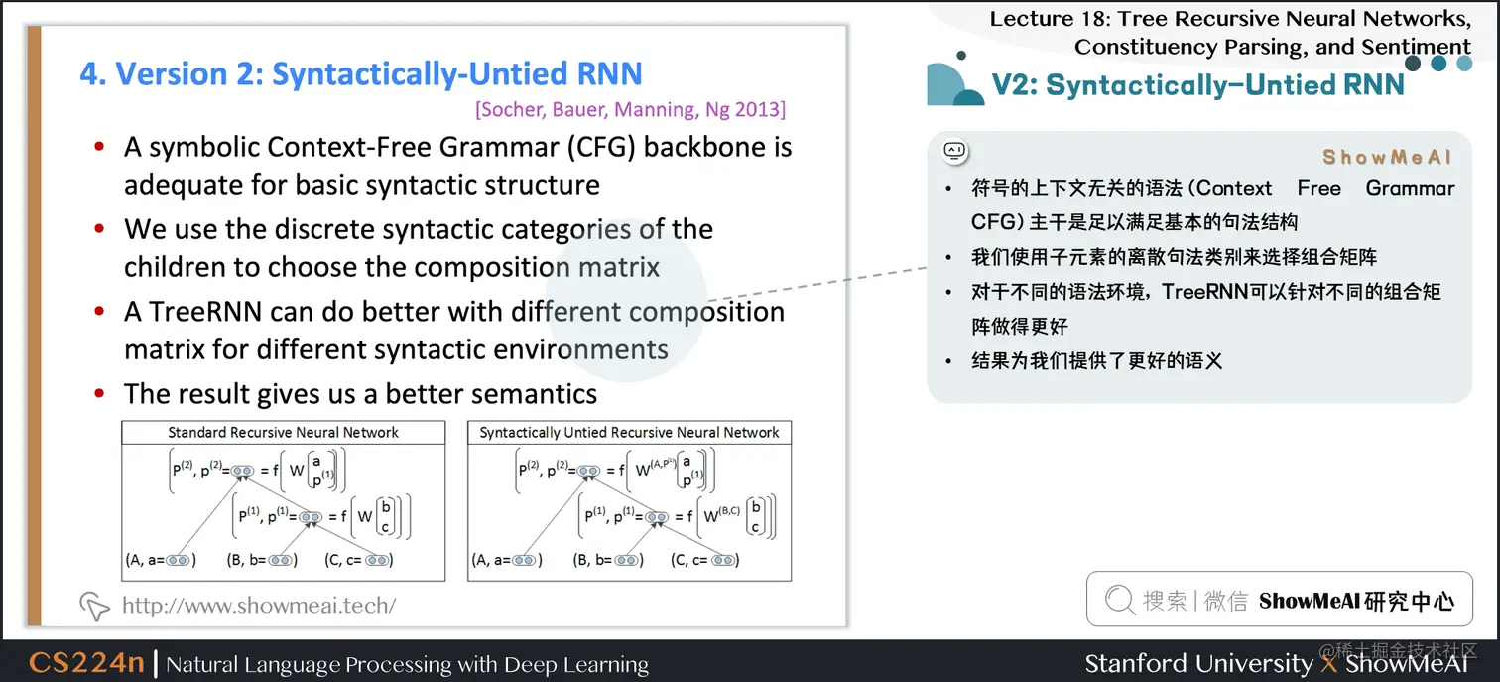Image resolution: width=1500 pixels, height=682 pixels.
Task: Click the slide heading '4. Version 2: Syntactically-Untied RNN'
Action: pos(361,74)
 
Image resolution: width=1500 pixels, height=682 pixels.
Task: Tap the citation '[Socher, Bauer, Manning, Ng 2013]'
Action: pos(631,109)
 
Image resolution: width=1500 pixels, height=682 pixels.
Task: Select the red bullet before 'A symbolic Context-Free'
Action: pos(99,148)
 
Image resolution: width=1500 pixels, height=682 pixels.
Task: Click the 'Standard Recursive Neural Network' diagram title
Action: pos(283,433)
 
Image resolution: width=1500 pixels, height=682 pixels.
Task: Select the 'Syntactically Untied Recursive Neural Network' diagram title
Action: pos(629,433)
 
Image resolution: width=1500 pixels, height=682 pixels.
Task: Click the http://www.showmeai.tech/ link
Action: pos(258,605)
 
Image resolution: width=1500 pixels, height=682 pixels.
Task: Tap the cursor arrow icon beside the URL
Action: pos(94,605)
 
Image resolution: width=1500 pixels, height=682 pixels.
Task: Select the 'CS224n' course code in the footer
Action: pos(86,663)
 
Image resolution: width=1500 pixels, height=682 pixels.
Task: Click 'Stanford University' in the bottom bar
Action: pos(1198,663)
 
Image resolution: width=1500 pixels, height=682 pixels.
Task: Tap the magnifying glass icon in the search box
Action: pos(1119,600)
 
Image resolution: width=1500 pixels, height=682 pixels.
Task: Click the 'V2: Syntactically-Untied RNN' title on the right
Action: pos(1198,85)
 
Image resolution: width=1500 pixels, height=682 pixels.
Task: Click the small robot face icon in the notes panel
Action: pos(954,152)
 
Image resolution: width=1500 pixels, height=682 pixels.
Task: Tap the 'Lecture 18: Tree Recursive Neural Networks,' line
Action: pos(1230,19)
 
